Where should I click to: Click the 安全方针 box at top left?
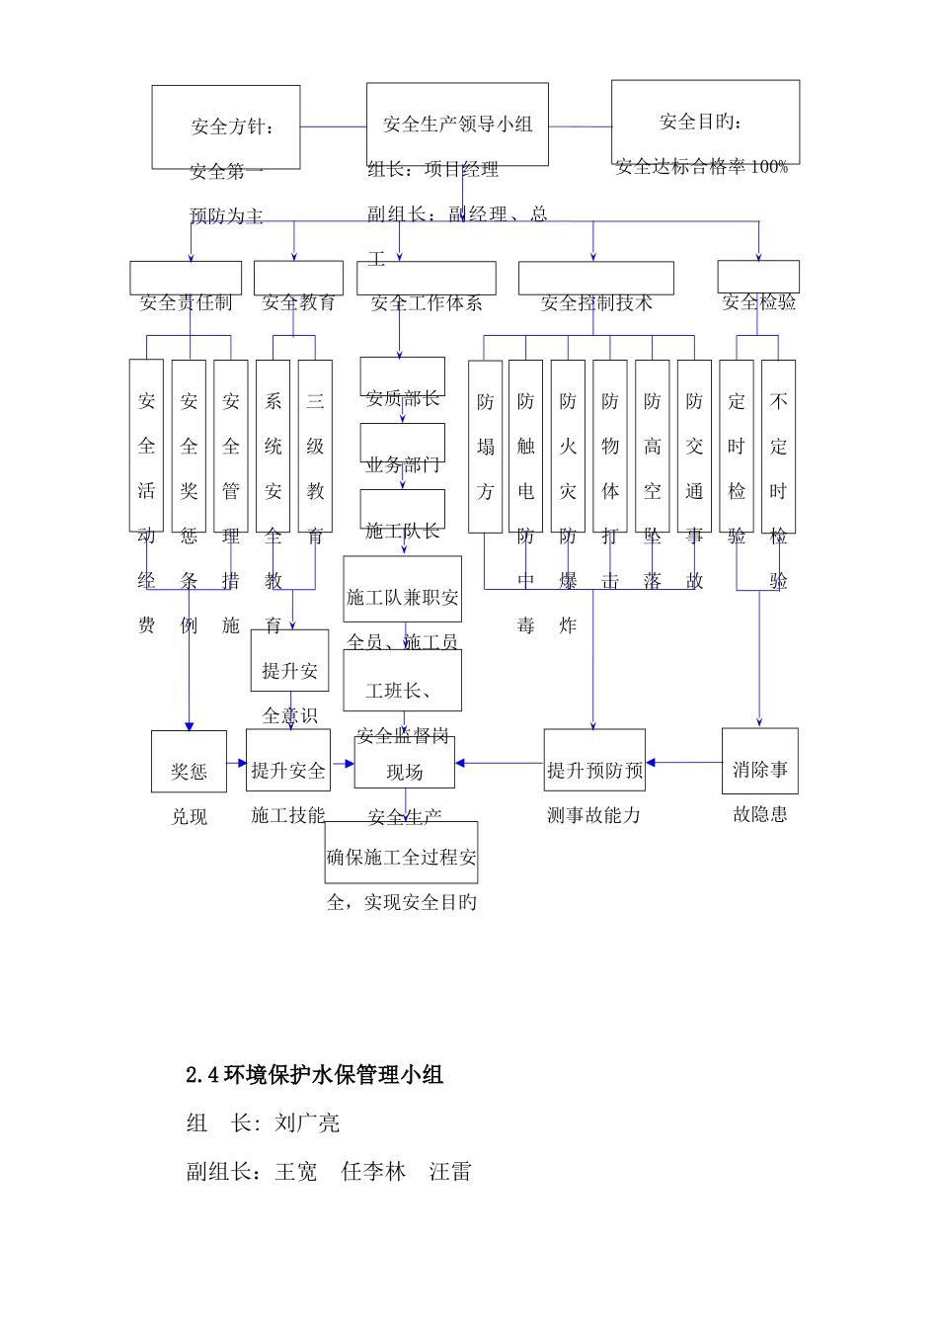(x=226, y=126)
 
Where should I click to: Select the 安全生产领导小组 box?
(x=457, y=124)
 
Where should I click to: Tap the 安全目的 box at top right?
(x=705, y=122)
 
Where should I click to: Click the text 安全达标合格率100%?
(x=702, y=167)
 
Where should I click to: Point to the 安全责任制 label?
(x=186, y=302)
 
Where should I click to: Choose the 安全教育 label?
(x=298, y=302)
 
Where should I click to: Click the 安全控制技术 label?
(x=596, y=302)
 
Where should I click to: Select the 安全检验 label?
(x=758, y=302)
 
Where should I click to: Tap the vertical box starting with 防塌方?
(x=485, y=446)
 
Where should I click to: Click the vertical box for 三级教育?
(x=315, y=446)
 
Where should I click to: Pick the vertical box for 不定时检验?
(x=778, y=446)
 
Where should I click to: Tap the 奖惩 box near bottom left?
(x=189, y=762)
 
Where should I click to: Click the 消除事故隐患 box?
(x=759, y=762)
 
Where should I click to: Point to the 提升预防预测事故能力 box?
(x=594, y=762)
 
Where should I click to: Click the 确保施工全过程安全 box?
(x=401, y=853)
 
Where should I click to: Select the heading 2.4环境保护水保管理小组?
(x=314, y=1075)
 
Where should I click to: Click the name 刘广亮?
(x=307, y=1123)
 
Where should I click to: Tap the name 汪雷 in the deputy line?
(x=450, y=1172)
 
